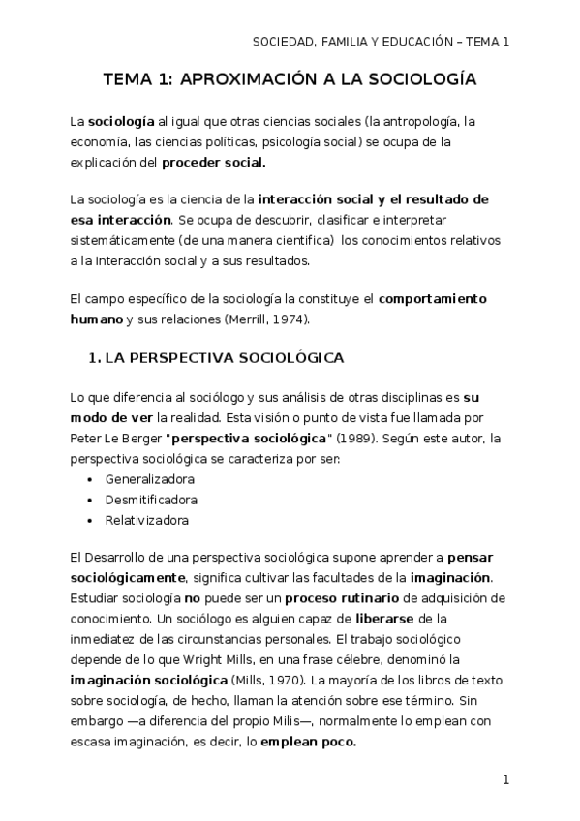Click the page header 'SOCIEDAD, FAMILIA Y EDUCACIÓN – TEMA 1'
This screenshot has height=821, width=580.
click(x=381, y=42)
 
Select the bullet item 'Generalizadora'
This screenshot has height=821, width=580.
click(x=150, y=479)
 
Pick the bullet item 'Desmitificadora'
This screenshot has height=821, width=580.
click(x=151, y=500)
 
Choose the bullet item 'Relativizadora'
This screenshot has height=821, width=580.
click(x=147, y=520)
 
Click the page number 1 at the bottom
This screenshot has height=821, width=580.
click(x=505, y=779)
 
